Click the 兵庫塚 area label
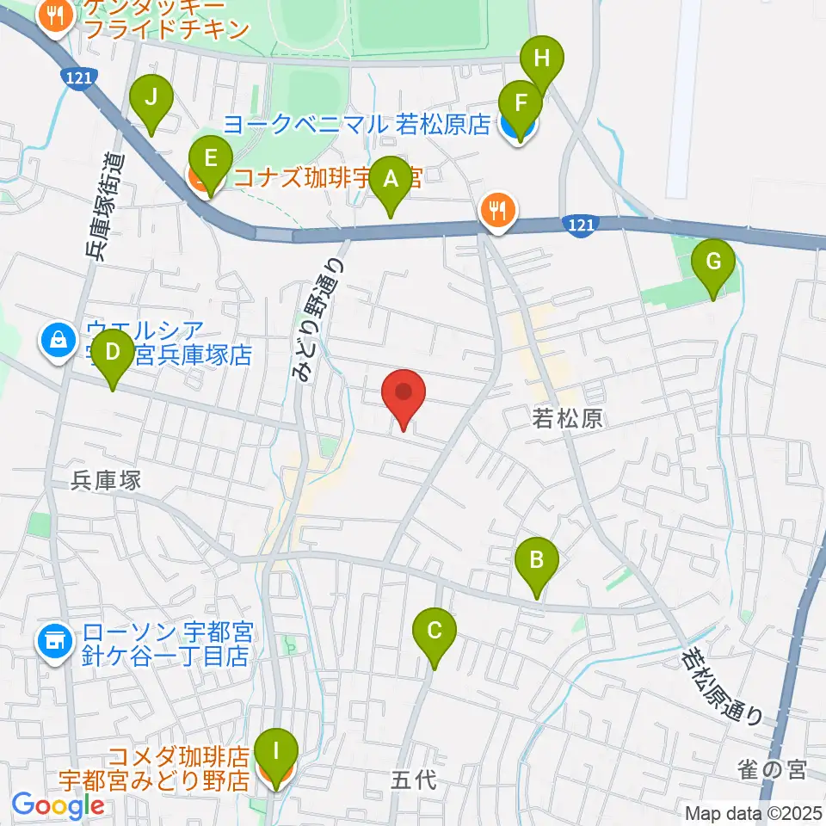[107, 481]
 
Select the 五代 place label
[415, 780]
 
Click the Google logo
[58, 806]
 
